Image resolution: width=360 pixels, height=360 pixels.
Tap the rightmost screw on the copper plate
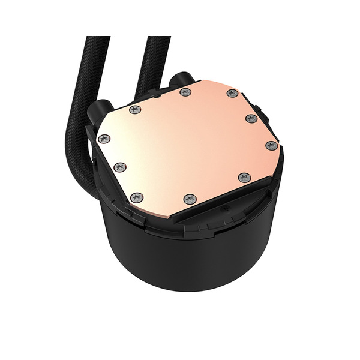click(271, 145)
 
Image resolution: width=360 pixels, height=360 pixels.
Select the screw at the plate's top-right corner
click(232, 93)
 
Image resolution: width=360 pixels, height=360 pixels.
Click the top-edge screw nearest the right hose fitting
click(185, 92)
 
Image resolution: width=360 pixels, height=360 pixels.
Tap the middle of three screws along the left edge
click(119, 166)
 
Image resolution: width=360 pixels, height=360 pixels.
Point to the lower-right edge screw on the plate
click(244, 177)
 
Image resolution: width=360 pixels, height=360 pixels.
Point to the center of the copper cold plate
click(186, 144)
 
